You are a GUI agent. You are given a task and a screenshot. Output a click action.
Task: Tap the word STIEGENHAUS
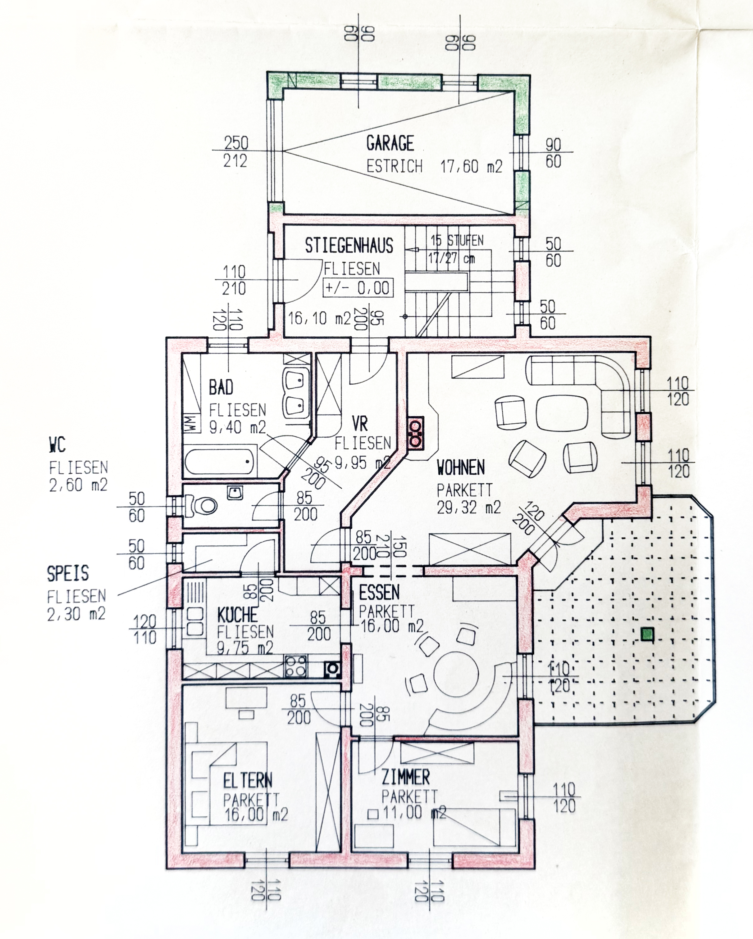349,246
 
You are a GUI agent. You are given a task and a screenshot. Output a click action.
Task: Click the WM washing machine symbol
190,422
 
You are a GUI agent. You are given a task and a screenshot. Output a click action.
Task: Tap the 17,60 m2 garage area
471,166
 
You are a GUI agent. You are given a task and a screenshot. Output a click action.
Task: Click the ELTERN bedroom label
248,780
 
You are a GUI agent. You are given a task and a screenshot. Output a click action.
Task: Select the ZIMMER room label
405,777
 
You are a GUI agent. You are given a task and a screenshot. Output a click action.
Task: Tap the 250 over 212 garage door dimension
235,151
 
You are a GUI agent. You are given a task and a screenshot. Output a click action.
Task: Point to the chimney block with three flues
415,433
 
